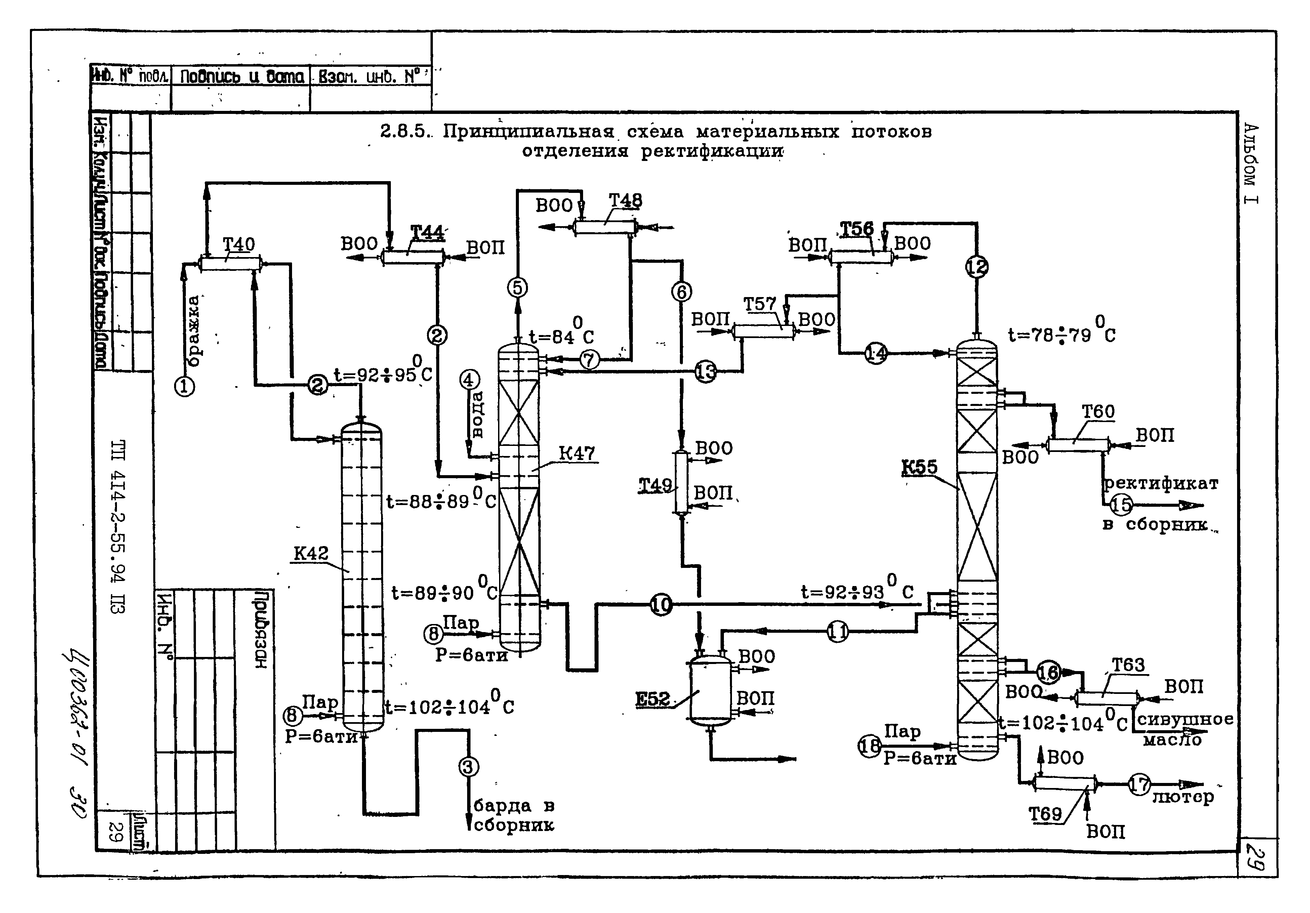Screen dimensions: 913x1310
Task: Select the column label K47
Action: [576, 454]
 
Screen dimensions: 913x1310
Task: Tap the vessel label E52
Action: [653, 699]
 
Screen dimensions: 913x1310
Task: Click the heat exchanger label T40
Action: [239, 245]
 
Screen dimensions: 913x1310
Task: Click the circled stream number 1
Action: [184, 387]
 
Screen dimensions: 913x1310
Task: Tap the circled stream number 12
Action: [977, 266]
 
